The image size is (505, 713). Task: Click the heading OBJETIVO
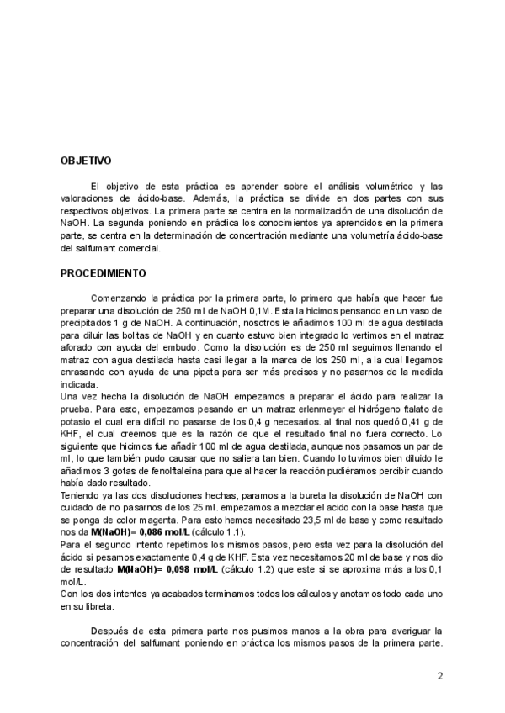click(x=86, y=160)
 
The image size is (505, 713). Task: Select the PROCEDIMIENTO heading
click(x=104, y=273)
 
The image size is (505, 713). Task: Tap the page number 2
click(x=439, y=675)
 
